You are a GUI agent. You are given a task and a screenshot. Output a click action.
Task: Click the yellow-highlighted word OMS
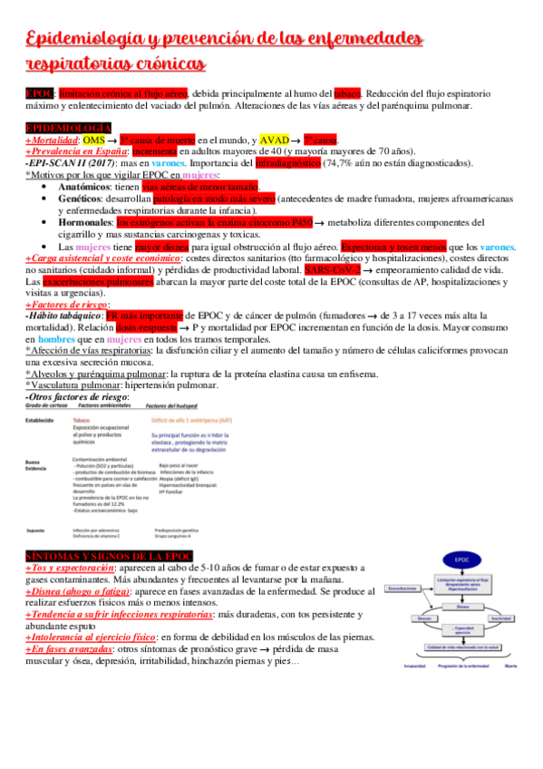click(93, 141)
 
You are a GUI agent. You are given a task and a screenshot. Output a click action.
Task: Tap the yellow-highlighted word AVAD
click(275, 141)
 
